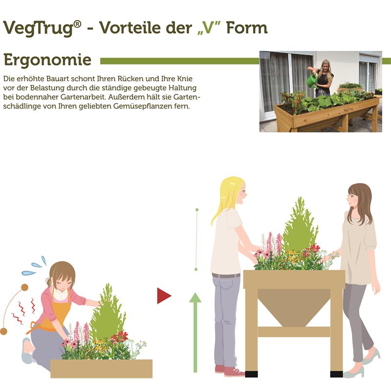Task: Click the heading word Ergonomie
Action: click(x=47, y=60)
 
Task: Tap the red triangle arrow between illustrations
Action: click(x=163, y=296)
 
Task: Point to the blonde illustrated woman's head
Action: click(x=235, y=193)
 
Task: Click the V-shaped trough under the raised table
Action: click(x=293, y=305)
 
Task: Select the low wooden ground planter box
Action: click(x=101, y=368)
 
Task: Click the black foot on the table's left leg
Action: click(x=251, y=374)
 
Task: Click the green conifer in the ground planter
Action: click(x=107, y=313)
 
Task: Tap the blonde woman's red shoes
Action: click(x=230, y=370)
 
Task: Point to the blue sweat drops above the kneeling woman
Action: click(x=34, y=266)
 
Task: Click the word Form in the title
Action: click(x=250, y=28)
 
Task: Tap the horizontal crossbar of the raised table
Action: click(x=294, y=331)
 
